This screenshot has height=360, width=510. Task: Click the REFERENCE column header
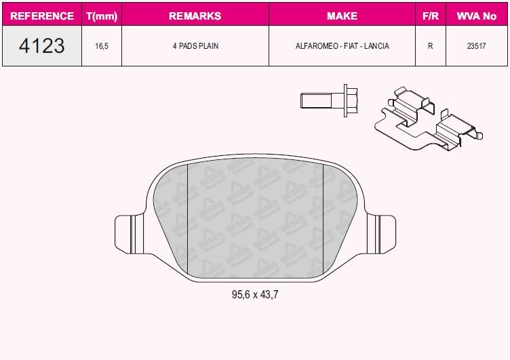click(x=42, y=15)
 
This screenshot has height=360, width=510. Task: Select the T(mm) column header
click(x=101, y=15)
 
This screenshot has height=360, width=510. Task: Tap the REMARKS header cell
click(x=195, y=15)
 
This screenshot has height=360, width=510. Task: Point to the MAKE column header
click(x=342, y=15)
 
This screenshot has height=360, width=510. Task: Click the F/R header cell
click(x=430, y=15)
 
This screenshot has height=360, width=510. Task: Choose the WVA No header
click(x=477, y=15)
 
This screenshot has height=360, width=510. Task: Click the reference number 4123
click(x=42, y=46)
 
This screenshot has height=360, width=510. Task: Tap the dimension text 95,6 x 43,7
click(x=255, y=295)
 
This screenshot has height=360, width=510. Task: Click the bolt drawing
click(x=328, y=100)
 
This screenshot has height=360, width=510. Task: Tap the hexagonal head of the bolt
click(x=351, y=100)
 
